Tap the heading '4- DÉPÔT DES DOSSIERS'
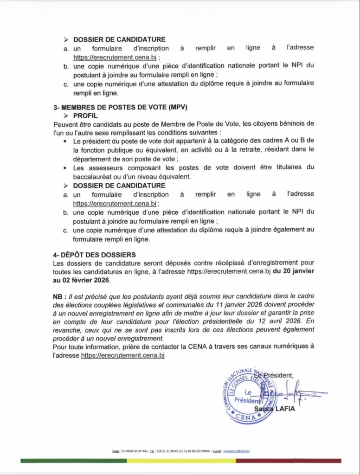coord(95,255)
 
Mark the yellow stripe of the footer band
coord(181,461)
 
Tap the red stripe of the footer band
coord(288,461)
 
